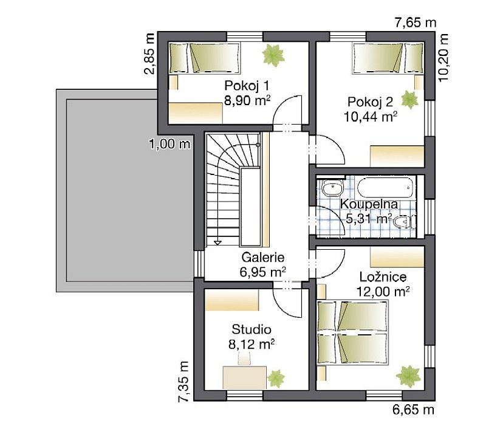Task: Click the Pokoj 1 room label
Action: (247, 86)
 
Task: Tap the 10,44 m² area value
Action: (371, 117)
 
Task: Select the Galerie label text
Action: (263, 257)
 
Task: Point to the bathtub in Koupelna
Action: (385, 187)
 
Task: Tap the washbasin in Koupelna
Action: (332, 187)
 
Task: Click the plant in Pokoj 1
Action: (273, 55)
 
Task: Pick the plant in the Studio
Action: (276, 378)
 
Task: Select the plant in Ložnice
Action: (408, 376)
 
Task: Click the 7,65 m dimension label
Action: (416, 22)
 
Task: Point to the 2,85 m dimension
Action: (149, 53)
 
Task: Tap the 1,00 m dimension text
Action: (169, 144)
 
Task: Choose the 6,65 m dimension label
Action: (414, 410)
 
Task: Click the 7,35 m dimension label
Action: (183, 382)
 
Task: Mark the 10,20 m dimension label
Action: (443, 57)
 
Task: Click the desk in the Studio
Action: (245, 377)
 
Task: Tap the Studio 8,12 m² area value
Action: (252, 344)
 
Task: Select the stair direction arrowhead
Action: (218, 242)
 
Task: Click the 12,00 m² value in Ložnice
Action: (383, 292)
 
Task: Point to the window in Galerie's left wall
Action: (199, 264)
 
